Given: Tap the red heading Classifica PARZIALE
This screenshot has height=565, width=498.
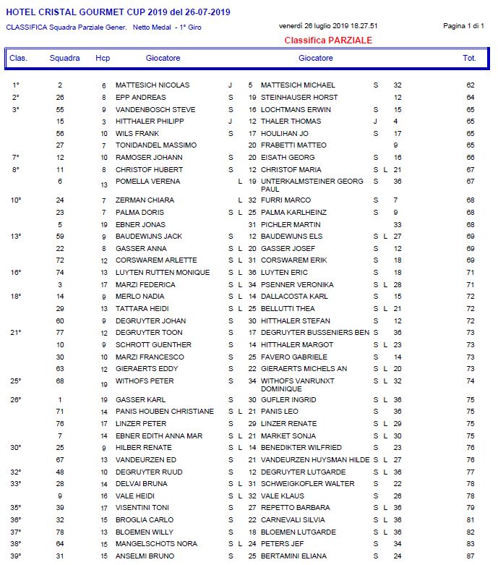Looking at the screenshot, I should point(328,41).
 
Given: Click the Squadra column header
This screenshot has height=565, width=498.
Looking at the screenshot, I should point(64,58).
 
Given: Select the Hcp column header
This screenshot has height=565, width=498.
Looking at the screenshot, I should point(103,58).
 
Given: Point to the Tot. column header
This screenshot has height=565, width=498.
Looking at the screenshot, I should point(469,58).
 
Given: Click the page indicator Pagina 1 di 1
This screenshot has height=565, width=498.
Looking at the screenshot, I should point(463,26).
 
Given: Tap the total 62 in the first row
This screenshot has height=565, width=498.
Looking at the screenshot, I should point(470,85).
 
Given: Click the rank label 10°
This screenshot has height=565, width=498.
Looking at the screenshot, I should point(16,200).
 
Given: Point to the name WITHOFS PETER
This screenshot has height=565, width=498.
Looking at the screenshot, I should point(145,381).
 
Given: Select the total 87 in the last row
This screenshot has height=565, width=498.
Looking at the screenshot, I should point(470,556).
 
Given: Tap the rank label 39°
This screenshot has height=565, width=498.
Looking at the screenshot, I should point(16,556).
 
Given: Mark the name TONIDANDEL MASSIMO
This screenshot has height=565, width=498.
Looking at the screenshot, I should point(155,145).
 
